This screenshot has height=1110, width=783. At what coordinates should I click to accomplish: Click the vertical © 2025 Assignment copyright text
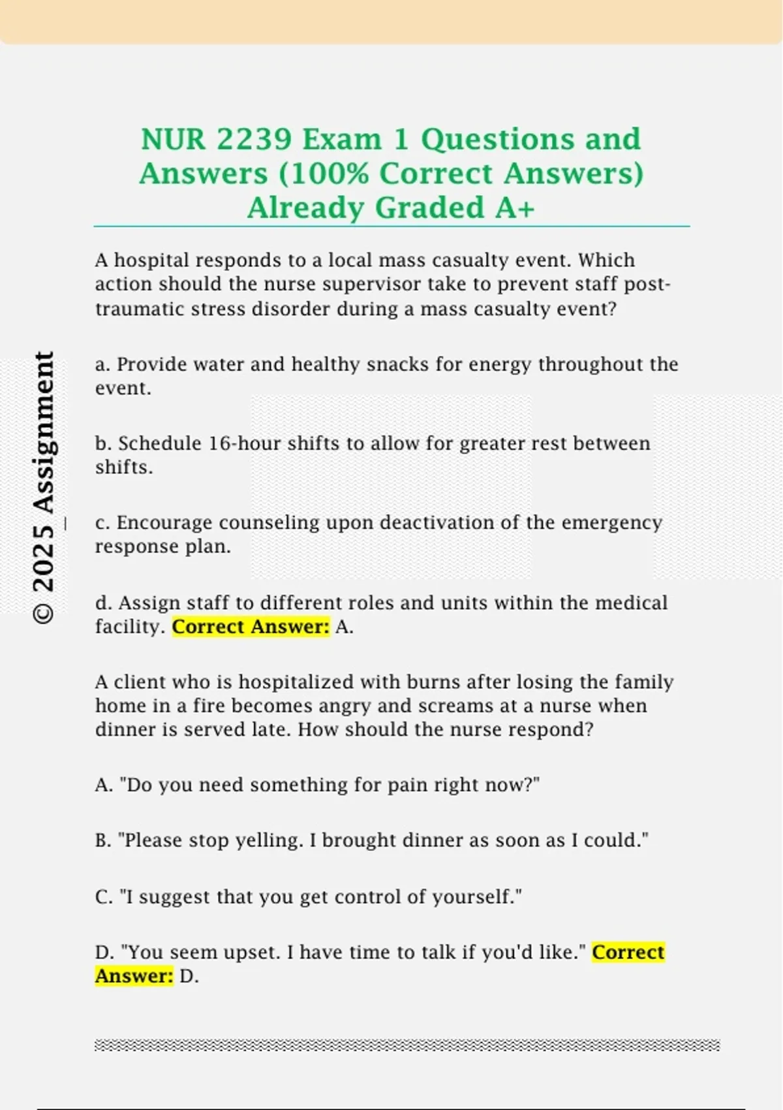click(x=44, y=487)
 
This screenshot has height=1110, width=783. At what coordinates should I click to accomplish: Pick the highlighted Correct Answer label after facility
click(x=251, y=627)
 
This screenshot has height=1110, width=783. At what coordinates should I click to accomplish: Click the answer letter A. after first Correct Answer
click(x=344, y=627)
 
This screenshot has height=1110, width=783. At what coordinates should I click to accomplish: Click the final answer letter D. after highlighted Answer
click(x=189, y=977)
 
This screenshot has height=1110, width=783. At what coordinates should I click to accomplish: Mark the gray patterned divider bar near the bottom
click(x=407, y=1045)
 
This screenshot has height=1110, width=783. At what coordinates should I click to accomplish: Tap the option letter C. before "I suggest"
click(x=104, y=897)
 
